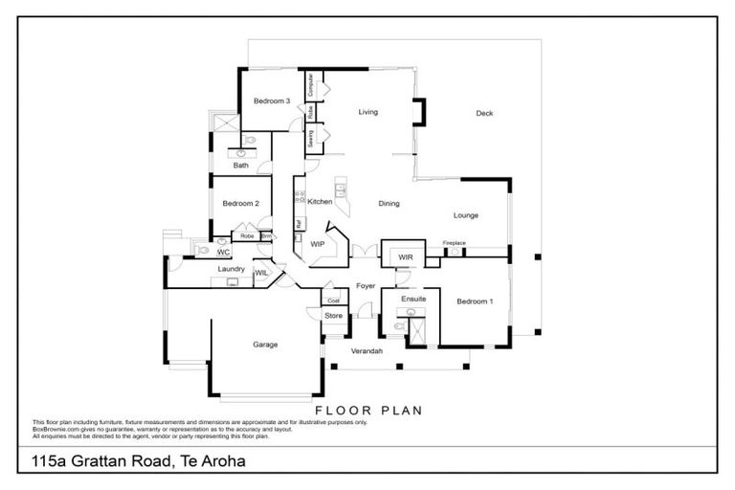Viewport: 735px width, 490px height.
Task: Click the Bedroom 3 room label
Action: tap(272, 100)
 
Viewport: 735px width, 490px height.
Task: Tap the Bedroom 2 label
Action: tap(241, 203)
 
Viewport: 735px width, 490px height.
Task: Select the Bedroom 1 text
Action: tap(476, 301)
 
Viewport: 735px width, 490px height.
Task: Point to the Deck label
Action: tap(484, 114)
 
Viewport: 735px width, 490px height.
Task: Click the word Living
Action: tap(368, 112)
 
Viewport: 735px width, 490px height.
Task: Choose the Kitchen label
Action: tap(320, 202)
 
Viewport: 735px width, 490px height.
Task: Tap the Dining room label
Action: tap(389, 204)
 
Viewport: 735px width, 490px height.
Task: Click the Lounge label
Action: tap(466, 215)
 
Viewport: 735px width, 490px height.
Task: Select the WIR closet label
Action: tap(405, 256)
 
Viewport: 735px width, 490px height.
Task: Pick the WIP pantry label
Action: tap(318, 244)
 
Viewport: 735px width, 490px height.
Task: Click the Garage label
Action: tap(265, 345)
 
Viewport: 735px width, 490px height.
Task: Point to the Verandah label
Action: tap(367, 352)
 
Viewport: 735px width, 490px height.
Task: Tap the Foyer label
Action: tap(366, 285)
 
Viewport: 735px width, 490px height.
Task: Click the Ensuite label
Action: tap(413, 300)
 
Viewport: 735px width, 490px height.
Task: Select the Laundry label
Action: tap(231, 270)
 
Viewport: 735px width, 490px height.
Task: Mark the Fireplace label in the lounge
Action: tap(455, 243)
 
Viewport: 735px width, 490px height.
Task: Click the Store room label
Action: tap(333, 315)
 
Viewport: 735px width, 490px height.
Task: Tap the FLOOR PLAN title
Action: tap(368, 410)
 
